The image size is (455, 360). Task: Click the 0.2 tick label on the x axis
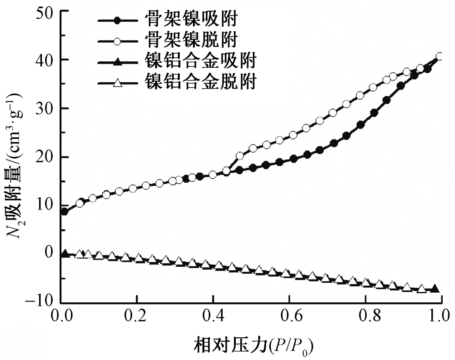(137, 315)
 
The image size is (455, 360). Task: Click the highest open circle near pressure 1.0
(440, 57)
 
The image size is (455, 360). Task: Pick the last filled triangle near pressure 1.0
(435, 289)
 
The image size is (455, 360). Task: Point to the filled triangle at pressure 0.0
(65, 253)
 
